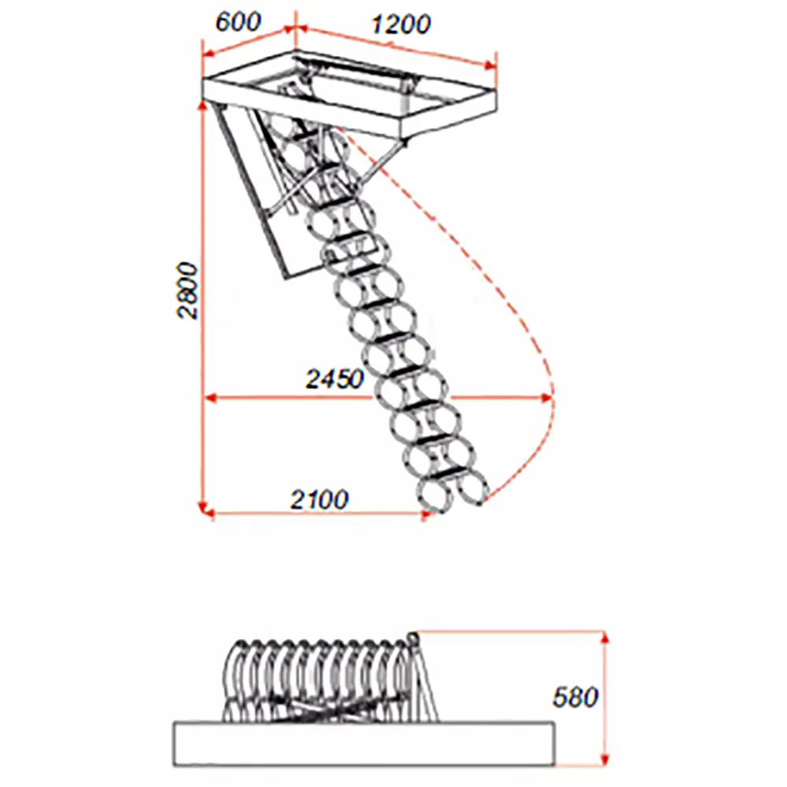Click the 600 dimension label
click(238, 23)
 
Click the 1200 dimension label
click(401, 24)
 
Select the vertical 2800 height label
click(188, 290)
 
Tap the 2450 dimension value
click(334, 379)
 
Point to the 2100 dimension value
click(320, 500)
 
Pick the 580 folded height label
click(575, 696)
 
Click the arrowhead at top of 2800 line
click(203, 105)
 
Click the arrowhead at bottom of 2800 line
click(203, 508)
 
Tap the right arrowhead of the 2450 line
click(547, 398)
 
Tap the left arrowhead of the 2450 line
click(211, 398)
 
